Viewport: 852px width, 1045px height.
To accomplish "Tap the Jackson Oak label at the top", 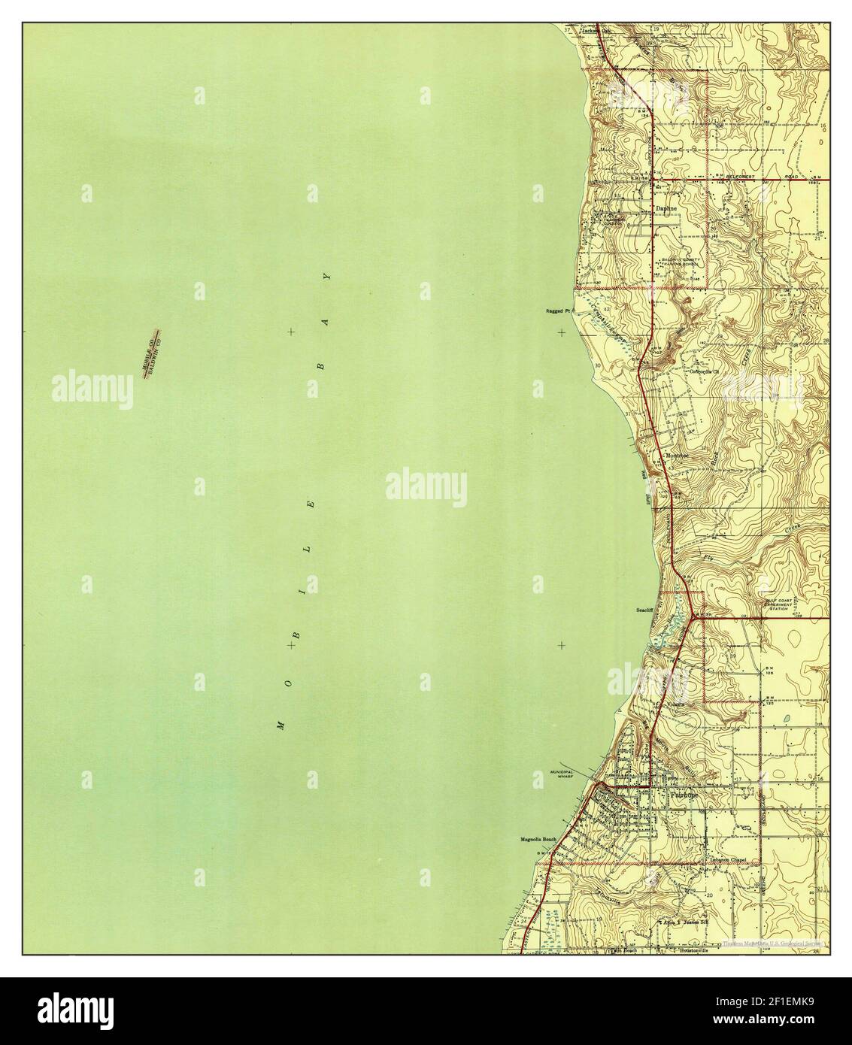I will click(x=593, y=31).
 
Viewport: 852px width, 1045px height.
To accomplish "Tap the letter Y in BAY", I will click(x=326, y=277).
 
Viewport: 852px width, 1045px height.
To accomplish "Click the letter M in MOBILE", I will click(x=280, y=725).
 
